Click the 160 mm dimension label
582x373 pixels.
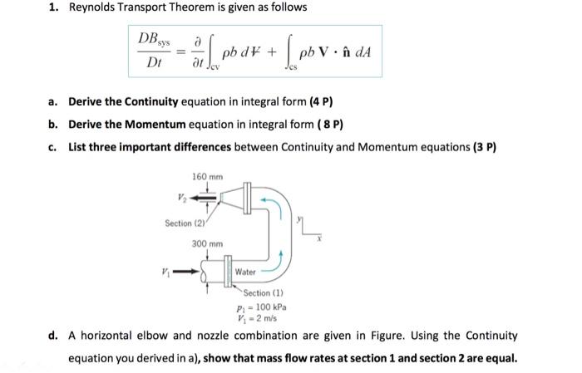(x=208, y=177)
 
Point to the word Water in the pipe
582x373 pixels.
(x=245, y=272)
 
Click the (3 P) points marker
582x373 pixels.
(x=483, y=147)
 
